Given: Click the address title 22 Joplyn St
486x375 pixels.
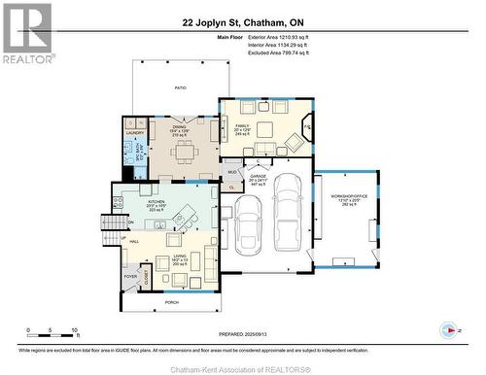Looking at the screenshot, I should click(242, 21).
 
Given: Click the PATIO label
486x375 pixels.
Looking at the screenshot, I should click(179, 87).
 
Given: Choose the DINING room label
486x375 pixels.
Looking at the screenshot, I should click(179, 126).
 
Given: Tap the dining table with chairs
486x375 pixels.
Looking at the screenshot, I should click(185, 152).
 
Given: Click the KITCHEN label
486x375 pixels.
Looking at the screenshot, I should click(156, 202).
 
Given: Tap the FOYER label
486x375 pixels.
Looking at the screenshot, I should click(129, 275).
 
